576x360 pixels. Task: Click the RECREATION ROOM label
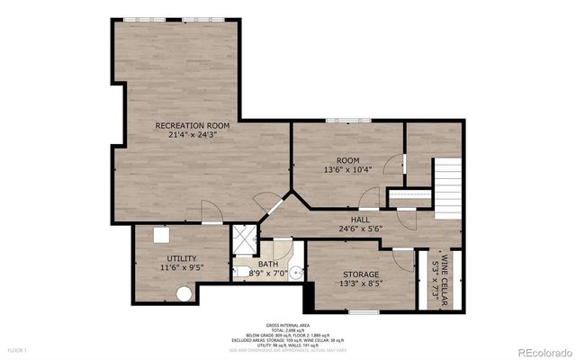pos(193,125)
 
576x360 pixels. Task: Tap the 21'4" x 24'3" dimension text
pos(193,135)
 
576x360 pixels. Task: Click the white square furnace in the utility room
pos(163,234)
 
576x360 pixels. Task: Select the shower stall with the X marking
pos(243,238)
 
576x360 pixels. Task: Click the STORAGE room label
pos(360,274)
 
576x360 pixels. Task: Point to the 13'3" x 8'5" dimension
pos(360,283)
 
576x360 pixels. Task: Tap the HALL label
pos(360,219)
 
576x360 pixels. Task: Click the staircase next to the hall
pos(448,186)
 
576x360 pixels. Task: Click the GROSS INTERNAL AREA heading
pos(288,323)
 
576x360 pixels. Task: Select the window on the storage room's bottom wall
pos(363,311)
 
